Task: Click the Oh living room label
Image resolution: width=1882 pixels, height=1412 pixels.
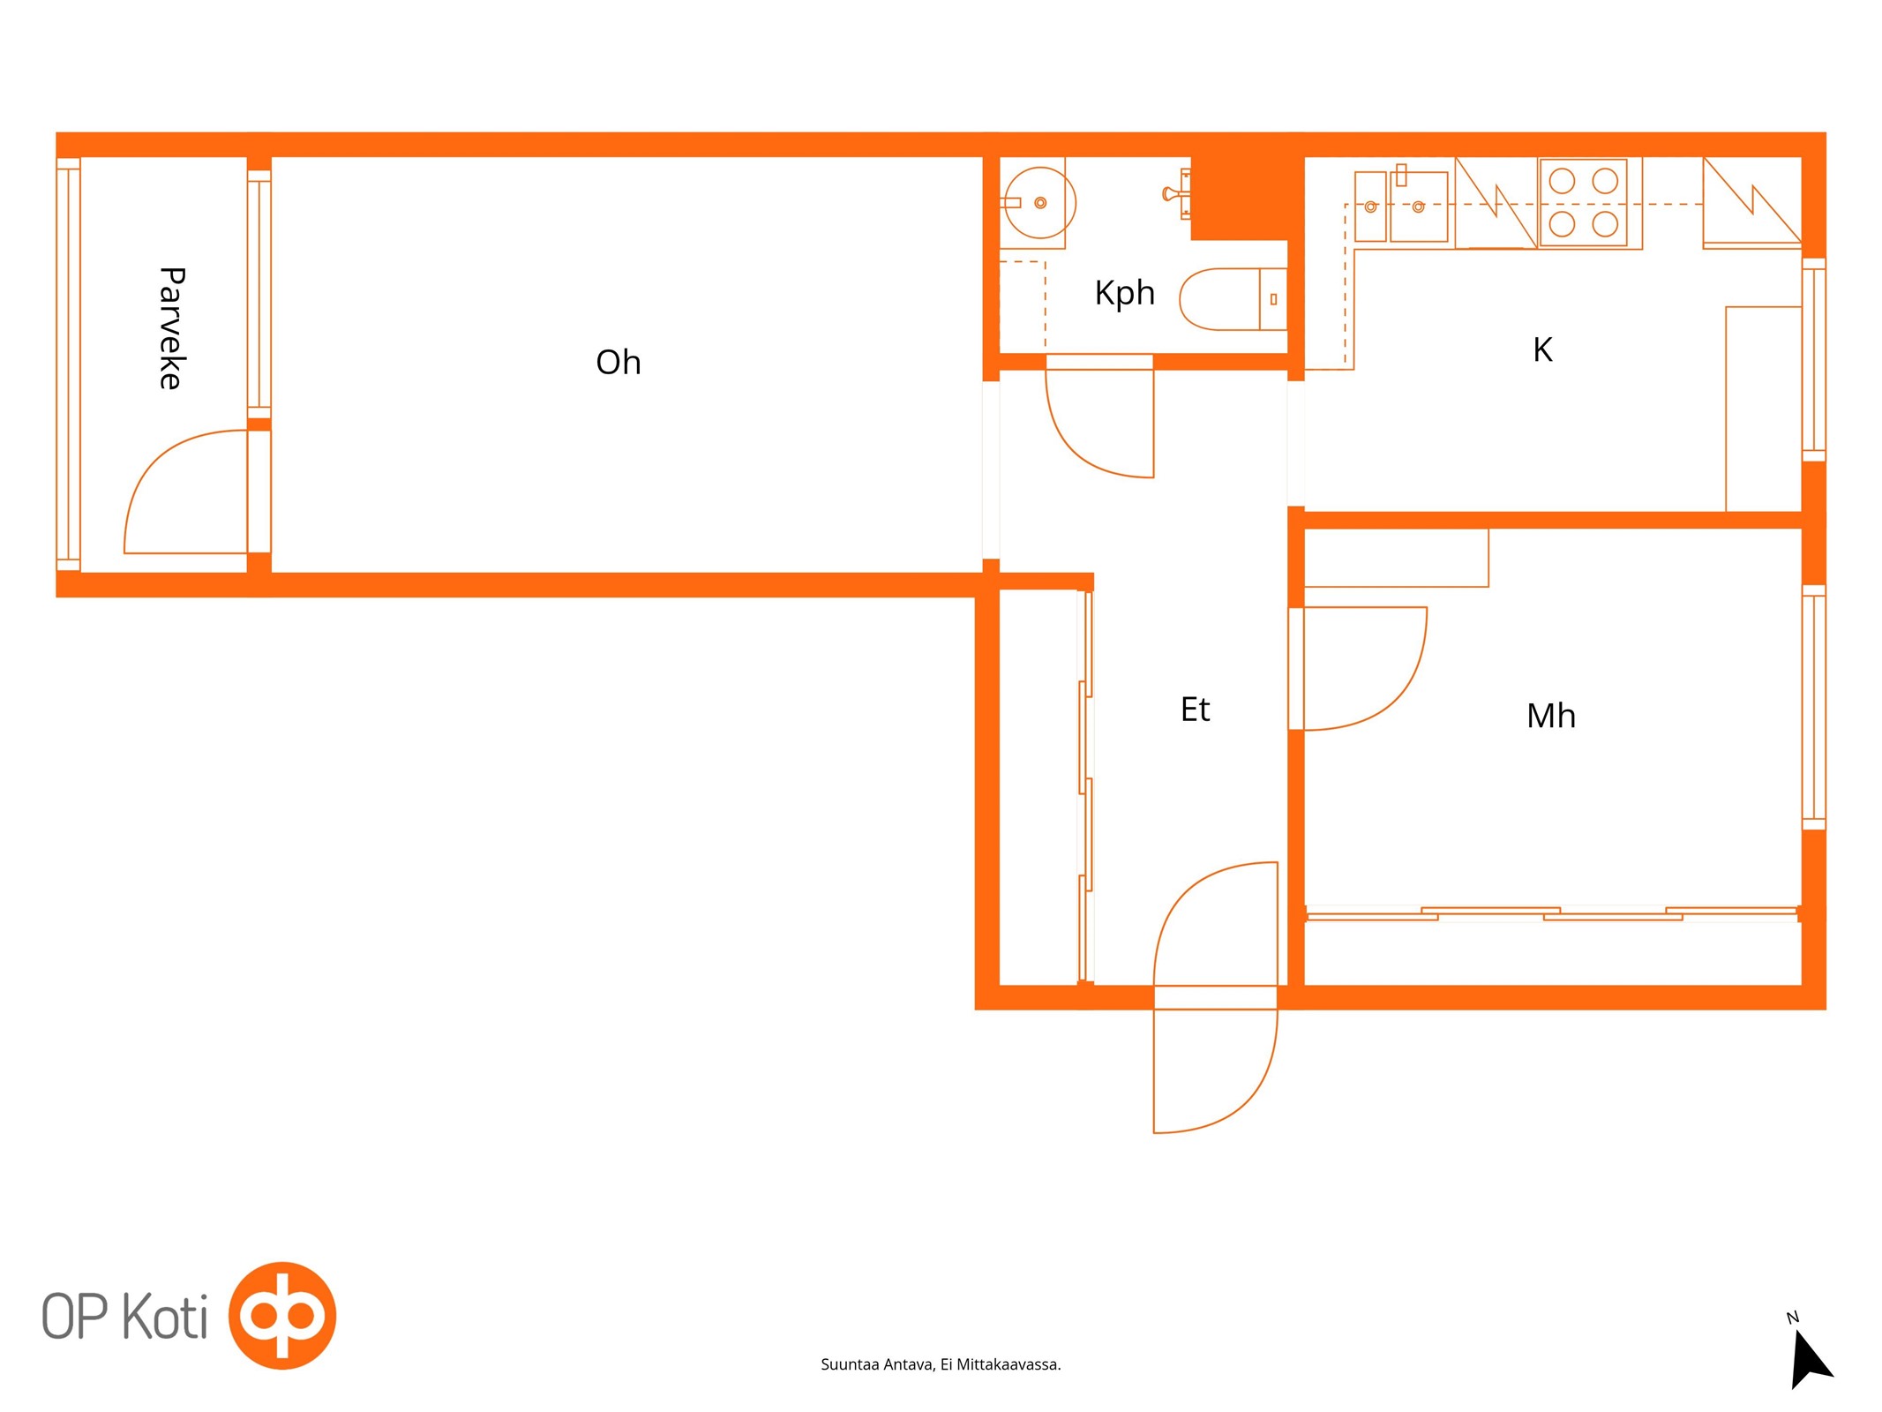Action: point(618,362)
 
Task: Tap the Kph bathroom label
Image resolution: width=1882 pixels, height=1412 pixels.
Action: point(1124,293)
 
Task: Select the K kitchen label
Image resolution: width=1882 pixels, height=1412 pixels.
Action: point(1542,349)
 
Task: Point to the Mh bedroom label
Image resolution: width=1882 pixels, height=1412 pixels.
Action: point(1550,716)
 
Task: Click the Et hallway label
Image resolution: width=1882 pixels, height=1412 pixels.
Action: point(1195,710)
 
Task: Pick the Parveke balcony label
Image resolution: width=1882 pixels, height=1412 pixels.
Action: point(171,327)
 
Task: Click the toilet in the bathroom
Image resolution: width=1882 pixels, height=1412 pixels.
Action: point(1233,299)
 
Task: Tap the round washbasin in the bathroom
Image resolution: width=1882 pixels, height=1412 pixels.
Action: point(1040,203)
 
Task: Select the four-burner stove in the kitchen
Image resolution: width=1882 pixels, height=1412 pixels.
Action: point(1583,203)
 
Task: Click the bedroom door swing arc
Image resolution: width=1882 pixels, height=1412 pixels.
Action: point(1403,693)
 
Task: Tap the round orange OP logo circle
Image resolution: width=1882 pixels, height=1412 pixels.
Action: point(282,1315)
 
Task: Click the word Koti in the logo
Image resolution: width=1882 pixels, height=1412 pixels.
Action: point(164,1316)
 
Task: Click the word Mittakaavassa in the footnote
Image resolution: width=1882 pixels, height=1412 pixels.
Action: point(1008,1364)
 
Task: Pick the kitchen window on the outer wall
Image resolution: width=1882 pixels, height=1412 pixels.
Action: point(1813,359)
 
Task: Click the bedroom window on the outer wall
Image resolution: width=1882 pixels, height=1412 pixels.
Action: point(1813,707)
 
